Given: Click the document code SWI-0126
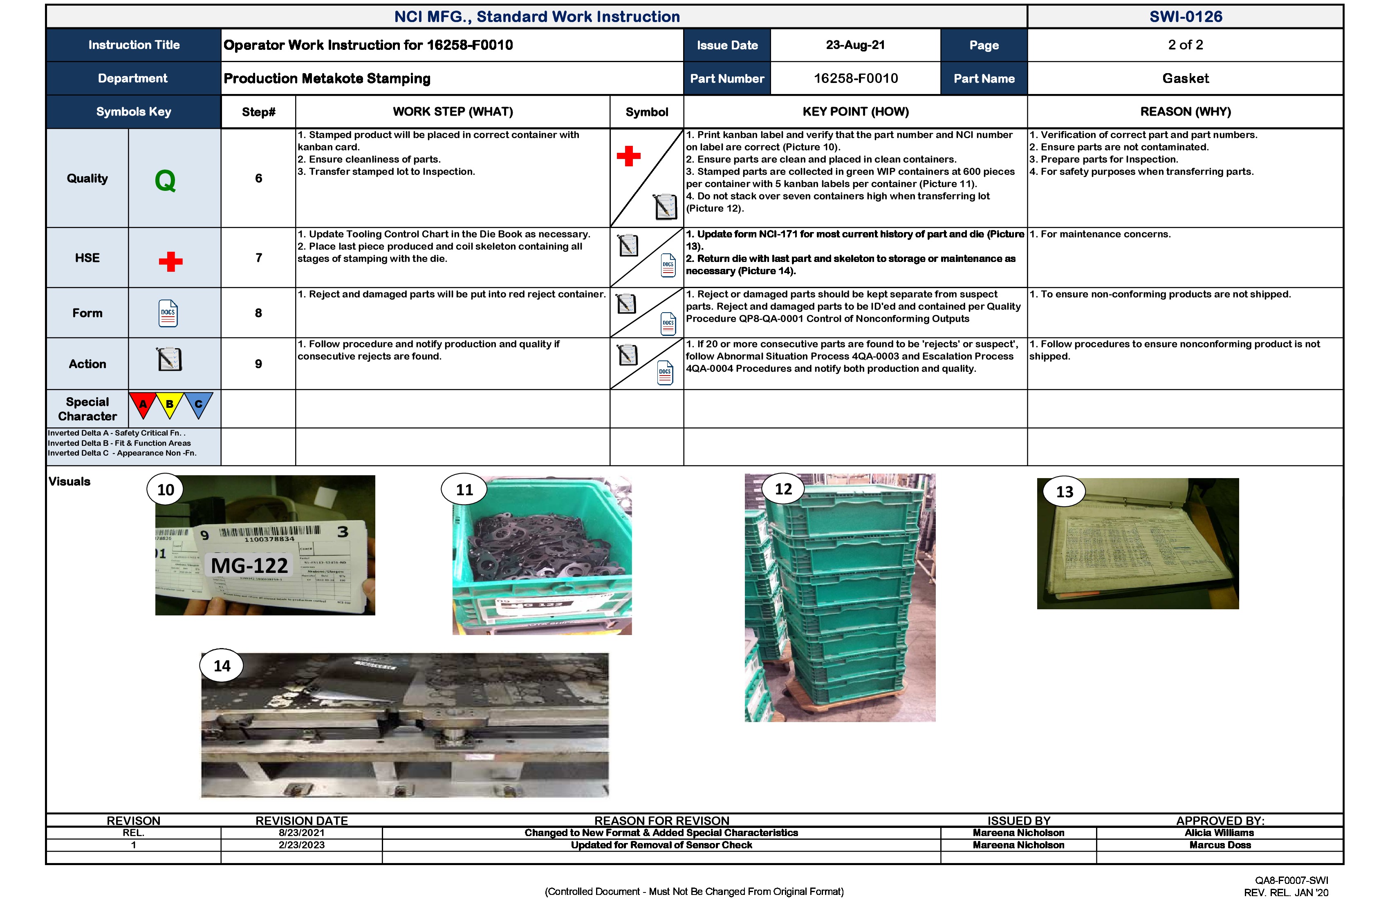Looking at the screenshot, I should [1185, 16].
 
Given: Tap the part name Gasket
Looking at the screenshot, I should [1185, 78].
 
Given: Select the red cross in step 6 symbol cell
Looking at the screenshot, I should [628, 156].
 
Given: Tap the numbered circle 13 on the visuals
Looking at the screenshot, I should [1064, 492].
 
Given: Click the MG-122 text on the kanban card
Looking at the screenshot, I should [249, 566].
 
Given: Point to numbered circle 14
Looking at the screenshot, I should [222, 666].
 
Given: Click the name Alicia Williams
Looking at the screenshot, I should [1220, 832].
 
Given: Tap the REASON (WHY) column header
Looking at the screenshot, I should [1185, 112].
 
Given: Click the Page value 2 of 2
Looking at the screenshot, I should [1185, 45].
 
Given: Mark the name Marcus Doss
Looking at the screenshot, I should [1220, 845].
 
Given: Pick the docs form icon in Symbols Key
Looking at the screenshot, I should [168, 313].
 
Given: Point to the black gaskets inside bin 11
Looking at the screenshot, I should [540, 543].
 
